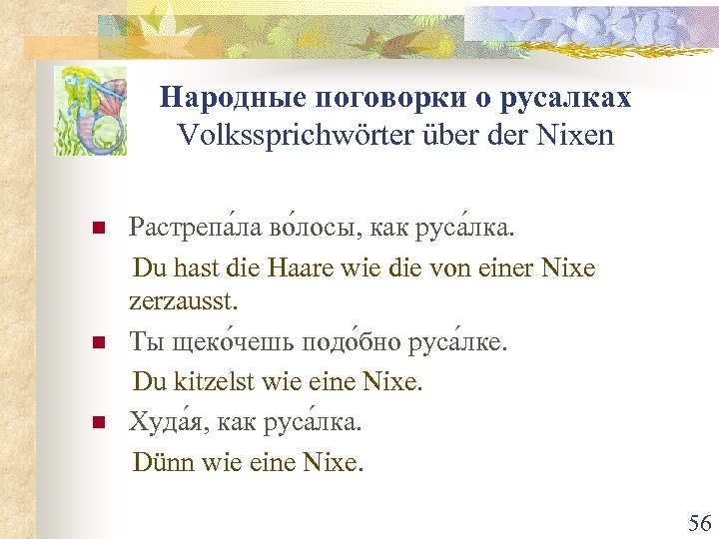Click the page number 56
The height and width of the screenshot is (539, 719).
coord(698,523)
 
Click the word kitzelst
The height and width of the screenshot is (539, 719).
coord(212,380)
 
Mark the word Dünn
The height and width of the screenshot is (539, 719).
coord(163,462)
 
